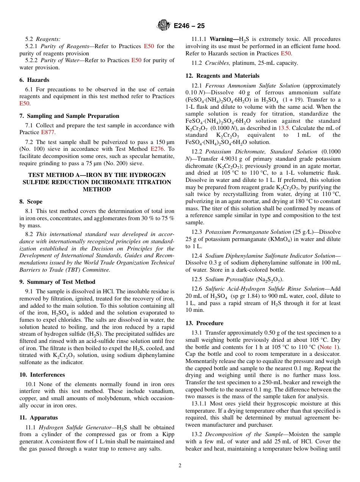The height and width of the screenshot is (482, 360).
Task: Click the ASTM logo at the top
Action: click(x=164, y=26)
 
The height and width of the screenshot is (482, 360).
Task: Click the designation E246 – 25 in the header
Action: click(x=189, y=26)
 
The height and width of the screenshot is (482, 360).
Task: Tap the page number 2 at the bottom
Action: click(x=180, y=465)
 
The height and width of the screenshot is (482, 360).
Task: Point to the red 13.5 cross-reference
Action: click(x=283, y=128)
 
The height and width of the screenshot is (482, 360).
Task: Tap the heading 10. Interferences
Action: click(x=42, y=375)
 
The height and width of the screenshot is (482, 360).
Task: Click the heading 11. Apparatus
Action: click(x=39, y=418)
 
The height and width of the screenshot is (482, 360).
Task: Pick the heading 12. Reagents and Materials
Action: click(x=222, y=76)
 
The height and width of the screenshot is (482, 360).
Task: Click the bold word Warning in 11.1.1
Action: click(x=223, y=39)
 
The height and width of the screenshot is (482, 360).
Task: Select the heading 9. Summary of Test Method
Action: click(x=57, y=282)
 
